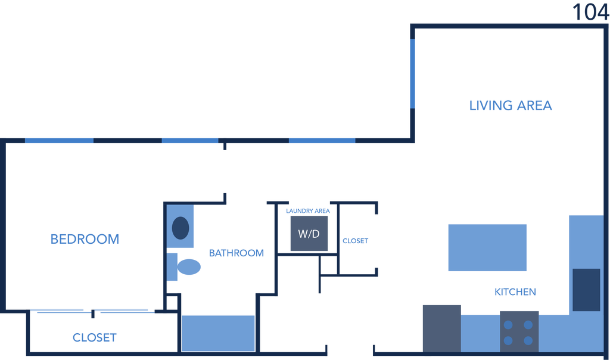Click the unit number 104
pyautogui.click(x=590, y=11)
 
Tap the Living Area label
pyautogui.click(x=511, y=105)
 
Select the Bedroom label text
pyautogui.click(x=85, y=239)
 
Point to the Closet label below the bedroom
pyautogui.click(x=94, y=337)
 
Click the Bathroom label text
pyautogui.click(x=236, y=253)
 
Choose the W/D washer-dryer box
pyautogui.click(x=309, y=234)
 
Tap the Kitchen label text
pyautogui.click(x=515, y=292)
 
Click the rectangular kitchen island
pyautogui.click(x=487, y=247)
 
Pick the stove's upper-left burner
pyautogui.click(x=509, y=325)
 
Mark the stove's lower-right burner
pyautogui.click(x=528, y=341)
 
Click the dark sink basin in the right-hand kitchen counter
pyautogui.click(x=586, y=290)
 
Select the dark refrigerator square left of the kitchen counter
pyautogui.click(x=441, y=328)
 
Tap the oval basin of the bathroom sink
pyautogui.click(x=180, y=228)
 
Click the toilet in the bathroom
pyautogui.click(x=186, y=266)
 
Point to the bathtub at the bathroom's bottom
pyautogui.click(x=218, y=333)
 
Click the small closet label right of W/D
pyautogui.click(x=355, y=241)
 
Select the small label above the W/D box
pyautogui.click(x=308, y=211)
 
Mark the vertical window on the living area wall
pyautogui.click(x=412, y=74)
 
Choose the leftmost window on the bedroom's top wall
pyautogui.click(x=59, y=141)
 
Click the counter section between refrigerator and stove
pyautogui.click(x=480, y=333)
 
